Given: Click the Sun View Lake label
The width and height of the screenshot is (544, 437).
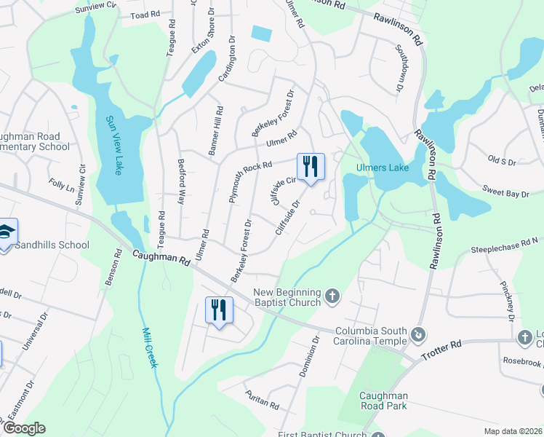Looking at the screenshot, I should (x=113, y=146).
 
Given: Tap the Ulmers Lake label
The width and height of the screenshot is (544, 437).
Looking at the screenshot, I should (x=382, y=168).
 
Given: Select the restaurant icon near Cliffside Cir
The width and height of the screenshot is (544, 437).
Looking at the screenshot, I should (x=311, y=166).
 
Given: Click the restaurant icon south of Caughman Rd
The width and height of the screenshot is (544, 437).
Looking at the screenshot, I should (x=219, y=310).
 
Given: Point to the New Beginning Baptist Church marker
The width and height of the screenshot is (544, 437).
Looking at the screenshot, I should (x=332, y=296).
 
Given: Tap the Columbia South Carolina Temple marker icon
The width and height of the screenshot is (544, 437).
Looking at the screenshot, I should (x=419, y=334).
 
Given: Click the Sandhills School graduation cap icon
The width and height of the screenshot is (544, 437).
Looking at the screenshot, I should (x=7, y=232).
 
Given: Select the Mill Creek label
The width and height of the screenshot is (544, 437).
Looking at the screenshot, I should (x=149, y=346).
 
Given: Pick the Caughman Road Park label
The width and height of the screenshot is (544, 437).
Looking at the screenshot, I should (x=383, y=401).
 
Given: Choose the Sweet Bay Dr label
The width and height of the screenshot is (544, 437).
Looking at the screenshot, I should (x=505, y=192).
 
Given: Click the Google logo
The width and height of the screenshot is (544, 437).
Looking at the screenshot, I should (x=24, y=428).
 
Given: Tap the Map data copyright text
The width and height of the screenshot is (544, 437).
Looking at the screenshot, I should (x=512, y=430).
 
